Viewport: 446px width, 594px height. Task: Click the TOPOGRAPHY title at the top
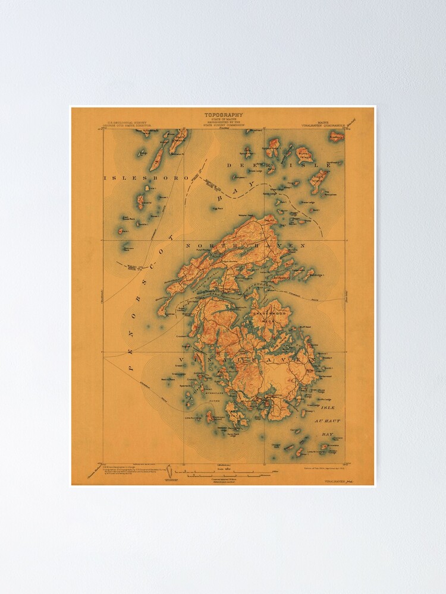(x=224, y=115)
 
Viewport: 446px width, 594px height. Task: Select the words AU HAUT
(x=328, y=421)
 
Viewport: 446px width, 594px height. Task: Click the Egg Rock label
(x=216, y=209)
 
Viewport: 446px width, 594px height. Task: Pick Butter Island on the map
(x=305, y=156)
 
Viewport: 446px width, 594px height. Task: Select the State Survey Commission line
(x=224, y=125)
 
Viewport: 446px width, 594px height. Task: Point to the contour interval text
(x=224, y=479)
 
